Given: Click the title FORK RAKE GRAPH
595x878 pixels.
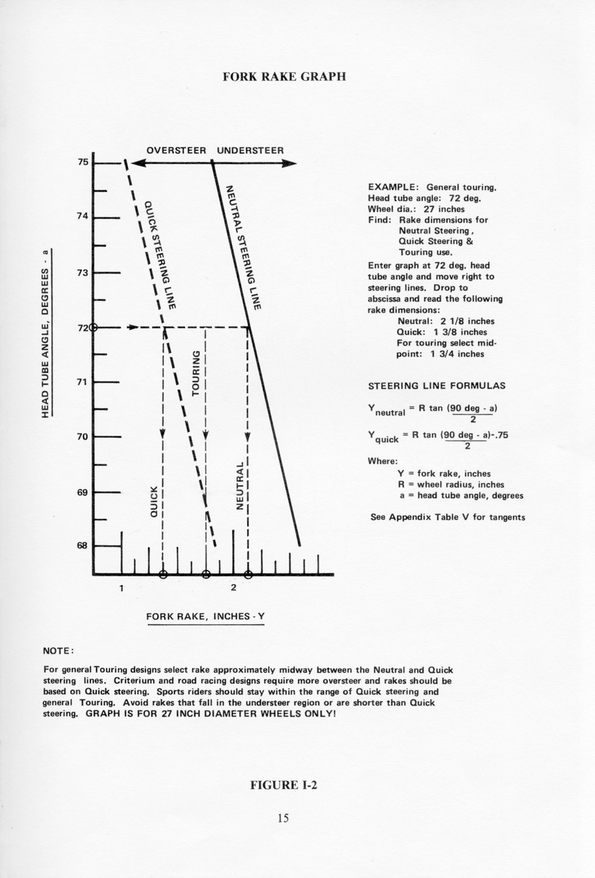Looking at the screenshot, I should tap(284, 77).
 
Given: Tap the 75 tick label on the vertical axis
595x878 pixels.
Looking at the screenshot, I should tap(83, 162).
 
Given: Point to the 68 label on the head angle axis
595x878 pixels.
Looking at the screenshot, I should tap(83, 545).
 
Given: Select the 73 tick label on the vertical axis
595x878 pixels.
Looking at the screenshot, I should tap(83, 273).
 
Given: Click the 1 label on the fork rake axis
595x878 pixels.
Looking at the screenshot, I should tap(121, 589).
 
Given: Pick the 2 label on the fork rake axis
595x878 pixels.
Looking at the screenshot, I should tap(233, 589).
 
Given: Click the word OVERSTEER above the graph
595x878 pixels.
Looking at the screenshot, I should tap(176, 150).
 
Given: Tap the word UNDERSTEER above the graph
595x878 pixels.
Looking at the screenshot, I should tap(250, 150).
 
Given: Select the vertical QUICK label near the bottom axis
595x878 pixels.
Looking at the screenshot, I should tap(153, 501).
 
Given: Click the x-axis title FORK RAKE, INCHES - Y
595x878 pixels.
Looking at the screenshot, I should tap(205, 616).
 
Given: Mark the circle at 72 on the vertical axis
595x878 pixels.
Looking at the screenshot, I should tap(93, 327).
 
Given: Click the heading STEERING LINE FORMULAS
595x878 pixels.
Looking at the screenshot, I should tap(437, 386).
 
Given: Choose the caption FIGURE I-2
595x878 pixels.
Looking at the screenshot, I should tap(284, 785).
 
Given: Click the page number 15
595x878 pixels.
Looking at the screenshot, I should tap(283, 818).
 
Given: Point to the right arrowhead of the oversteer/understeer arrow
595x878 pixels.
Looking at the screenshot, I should tap(290, 164).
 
